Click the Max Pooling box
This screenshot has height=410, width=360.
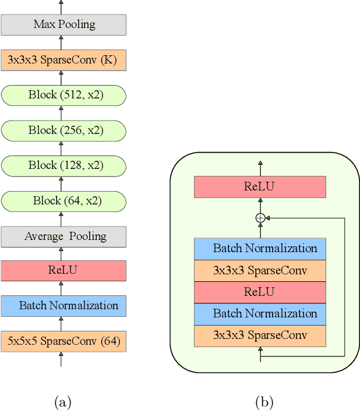coord(63,24)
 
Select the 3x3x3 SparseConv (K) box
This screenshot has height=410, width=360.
coord(63,59)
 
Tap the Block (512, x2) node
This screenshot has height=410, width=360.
coord(63,95)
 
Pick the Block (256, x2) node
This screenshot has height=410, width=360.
coord(63,130)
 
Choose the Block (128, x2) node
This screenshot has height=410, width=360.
coord(63,165)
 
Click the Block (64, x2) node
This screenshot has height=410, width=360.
coord(63,201)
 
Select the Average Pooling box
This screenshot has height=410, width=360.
coord(63,236)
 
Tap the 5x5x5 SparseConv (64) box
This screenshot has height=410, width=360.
coord(63,341)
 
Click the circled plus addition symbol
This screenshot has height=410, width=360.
coord(260,218)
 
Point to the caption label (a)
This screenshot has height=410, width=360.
coord(62,402)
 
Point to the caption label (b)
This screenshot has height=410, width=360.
coord(264,402)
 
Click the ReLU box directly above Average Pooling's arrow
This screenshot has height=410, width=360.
coord(63,271)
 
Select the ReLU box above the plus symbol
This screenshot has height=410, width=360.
coord(260,187)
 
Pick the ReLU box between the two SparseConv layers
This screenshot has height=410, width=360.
coord(260,292)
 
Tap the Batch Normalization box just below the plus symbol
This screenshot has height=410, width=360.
coord(260,249)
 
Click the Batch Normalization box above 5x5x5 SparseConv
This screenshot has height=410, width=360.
coord(63,306)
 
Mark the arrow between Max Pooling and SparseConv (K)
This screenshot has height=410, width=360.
coord(61,42)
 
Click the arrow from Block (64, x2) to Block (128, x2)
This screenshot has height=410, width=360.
coord(61,183)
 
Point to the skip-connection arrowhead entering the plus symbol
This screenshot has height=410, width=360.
coord(269,218)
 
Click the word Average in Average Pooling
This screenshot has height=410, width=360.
coord(44,236)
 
